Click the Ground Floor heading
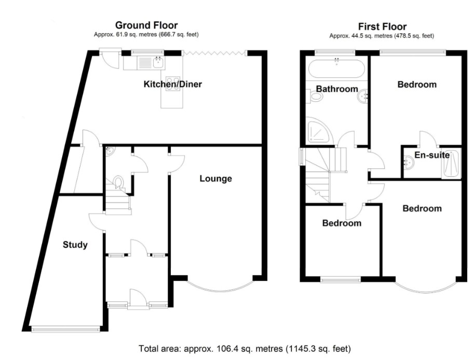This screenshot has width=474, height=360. tap(146, 25)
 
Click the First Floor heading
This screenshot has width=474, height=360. tap(382, 26)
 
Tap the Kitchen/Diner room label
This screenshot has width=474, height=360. tap(172, 84)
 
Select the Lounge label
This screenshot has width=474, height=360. tap(216, 179)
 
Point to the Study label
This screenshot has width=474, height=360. tap(75, 245)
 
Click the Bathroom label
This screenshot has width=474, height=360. tap(337, 89)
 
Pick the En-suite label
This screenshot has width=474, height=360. tap(432, 155)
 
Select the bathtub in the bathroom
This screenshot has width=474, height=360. tap(336, 69)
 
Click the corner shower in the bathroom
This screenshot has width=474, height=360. tap(319, 130)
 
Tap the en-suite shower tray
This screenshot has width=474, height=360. tap(451, 163)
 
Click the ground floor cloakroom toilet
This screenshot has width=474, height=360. tap(118, 182)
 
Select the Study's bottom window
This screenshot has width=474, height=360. tap(65, 329)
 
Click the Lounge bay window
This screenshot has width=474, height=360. tap(220, 284)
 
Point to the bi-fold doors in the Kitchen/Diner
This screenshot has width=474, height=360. tap(214, 53)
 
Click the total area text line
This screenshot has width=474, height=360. tap(245, 349)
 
